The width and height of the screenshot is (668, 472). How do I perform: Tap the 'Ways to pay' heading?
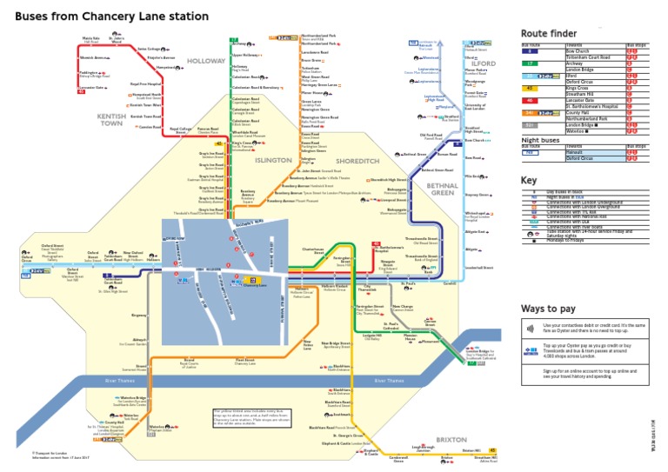[549, 309]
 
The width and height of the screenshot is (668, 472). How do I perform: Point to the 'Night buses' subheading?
[540, 139]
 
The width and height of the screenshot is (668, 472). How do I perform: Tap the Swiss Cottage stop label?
[149, 49]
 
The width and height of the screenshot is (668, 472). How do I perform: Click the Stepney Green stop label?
[479, 195]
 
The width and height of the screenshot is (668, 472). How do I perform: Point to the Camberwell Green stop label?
[398, 458]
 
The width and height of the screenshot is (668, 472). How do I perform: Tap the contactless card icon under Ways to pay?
[530, 329]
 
